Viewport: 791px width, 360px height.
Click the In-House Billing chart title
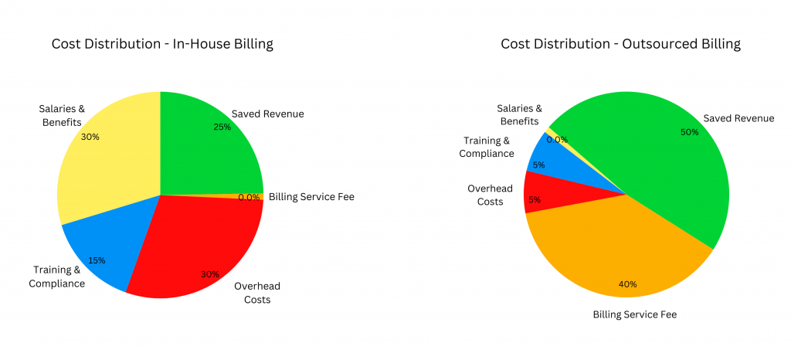point(162,44)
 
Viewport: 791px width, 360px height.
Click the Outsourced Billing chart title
point(620,44)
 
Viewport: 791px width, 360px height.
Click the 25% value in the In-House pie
point(222,127)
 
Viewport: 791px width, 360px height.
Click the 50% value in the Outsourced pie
point(689,132)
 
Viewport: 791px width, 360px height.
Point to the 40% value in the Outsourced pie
point(627,284)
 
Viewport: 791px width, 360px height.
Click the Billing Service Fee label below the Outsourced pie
point(634,314)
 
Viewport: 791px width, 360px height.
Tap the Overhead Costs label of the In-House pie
point(253,292)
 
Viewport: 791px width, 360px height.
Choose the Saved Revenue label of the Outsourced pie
point(738,118)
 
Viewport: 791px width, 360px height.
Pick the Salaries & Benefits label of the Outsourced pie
point(519,115)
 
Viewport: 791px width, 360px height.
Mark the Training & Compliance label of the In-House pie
point(57,277)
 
